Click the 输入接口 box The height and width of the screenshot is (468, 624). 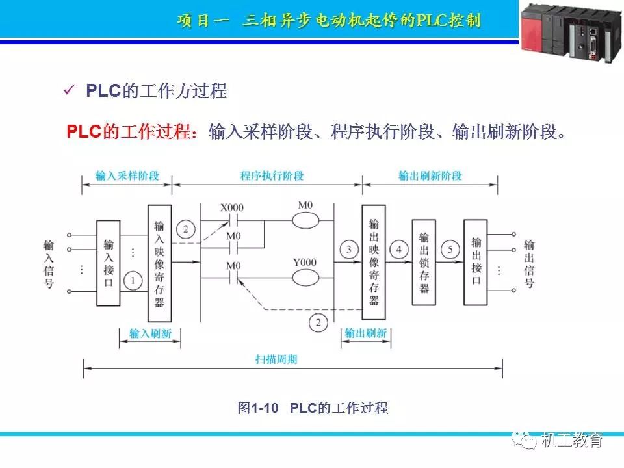pos(109,263)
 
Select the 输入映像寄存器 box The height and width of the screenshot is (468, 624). pos(159,263)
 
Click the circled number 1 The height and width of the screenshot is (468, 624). pos(133,280)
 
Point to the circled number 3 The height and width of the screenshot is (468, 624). pos(349,250)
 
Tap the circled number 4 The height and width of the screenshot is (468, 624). pos(399,250)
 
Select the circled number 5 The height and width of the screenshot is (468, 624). pos(450,250)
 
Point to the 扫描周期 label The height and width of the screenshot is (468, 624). pos(276,359)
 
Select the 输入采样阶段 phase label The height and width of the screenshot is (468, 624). pos(127,176)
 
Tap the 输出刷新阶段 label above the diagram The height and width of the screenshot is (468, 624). pos(430,176)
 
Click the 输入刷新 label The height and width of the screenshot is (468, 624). pos(150,333)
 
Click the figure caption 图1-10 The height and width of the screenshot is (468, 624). pos(258,408)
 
